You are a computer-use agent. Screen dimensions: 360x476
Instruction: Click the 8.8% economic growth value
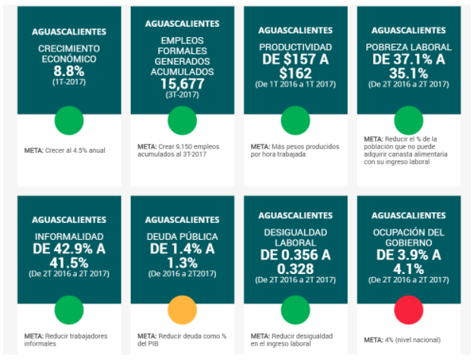click(x=68, y=70)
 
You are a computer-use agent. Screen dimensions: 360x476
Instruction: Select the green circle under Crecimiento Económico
click(x=68, y=120)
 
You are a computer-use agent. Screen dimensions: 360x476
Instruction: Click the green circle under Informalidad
click(x=68, y=311)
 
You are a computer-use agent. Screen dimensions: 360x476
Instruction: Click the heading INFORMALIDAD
click(x=68, y=236)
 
